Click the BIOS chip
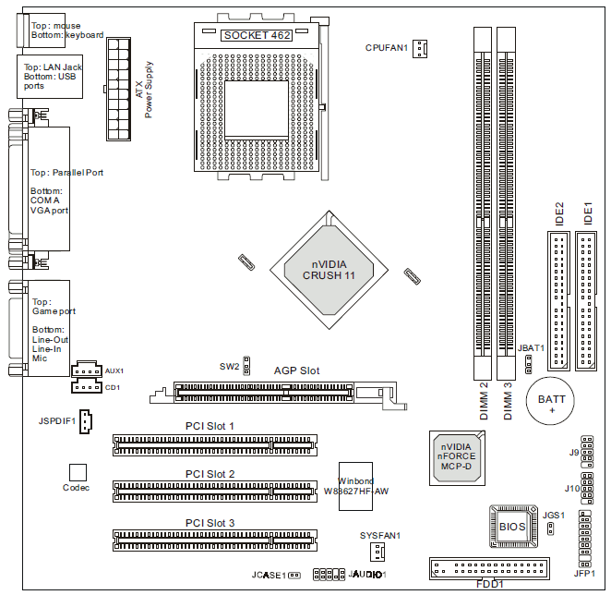coord(513,526)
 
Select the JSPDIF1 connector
coord(85,421)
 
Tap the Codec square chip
coord(77,472)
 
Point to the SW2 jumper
coord(247,364)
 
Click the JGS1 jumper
coord(550,528)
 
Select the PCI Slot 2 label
coord(210,474)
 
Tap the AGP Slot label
coord(296,370)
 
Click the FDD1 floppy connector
coord(488,566)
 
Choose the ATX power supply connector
coord(119,89)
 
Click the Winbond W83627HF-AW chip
coord(355,485)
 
